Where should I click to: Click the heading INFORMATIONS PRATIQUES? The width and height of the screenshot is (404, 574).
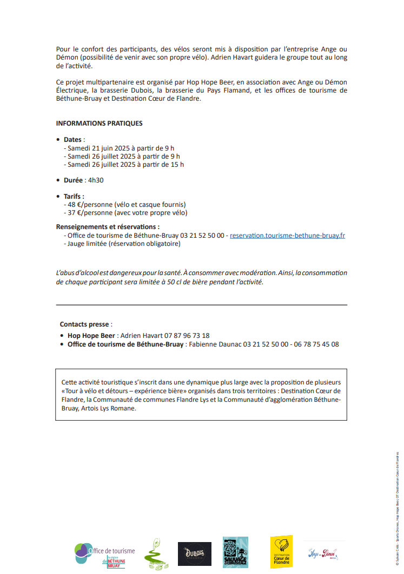click(x=99, y=123)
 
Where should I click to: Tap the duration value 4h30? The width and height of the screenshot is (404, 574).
click(x=96, y=180)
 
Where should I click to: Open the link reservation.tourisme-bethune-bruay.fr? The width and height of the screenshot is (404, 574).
click(x=287, y=236)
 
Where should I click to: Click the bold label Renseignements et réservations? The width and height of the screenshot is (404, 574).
click(x=107, y=227)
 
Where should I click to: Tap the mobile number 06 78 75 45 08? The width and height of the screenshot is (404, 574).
click(x=316, y=344)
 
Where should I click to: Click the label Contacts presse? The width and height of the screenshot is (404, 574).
click(x=84, y=324)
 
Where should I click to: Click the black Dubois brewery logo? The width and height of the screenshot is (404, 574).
click(x=194, y=553)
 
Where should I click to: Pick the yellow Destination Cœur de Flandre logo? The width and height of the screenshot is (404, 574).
click(x=281, y=552)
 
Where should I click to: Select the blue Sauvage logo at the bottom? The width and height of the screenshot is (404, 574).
click(x=235, y=552)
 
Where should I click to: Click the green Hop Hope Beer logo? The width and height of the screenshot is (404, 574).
click(x=156, y=553)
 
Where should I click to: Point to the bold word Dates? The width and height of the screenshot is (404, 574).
click(x=72, y=140)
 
